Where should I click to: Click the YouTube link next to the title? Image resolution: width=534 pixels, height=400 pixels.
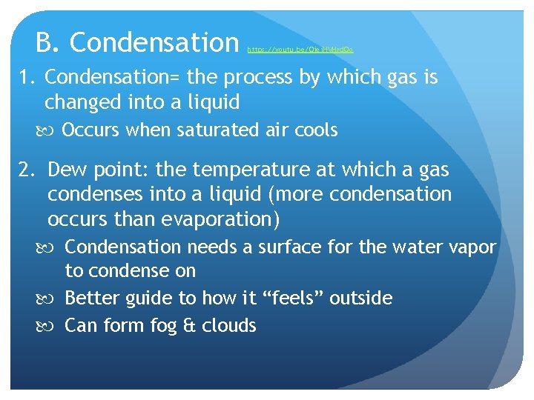tap(300, 50)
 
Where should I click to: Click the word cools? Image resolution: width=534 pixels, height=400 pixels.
tap(316, 131)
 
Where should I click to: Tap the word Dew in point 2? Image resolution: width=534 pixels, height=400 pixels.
tap(67, 170)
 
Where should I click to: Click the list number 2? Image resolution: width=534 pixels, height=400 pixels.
tap(26, 170)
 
